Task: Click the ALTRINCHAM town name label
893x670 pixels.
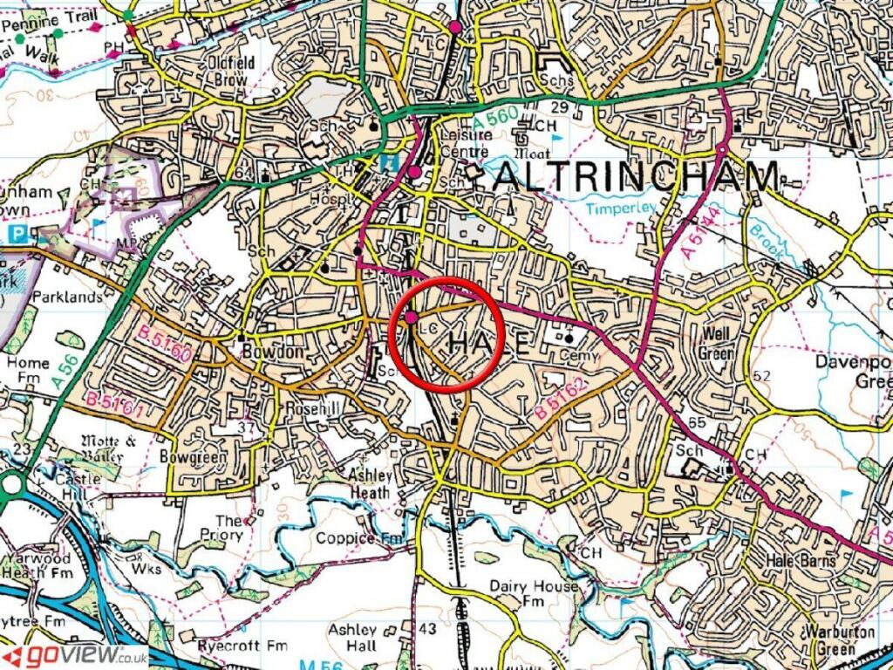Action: click(637, 177)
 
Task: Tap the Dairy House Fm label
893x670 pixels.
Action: click(533, 593)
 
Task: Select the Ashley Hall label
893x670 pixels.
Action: click(353, 637)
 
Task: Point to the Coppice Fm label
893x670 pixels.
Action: click(358, 538)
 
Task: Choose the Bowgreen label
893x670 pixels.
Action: click(194, 456)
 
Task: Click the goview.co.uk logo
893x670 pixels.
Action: click(75, 657)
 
